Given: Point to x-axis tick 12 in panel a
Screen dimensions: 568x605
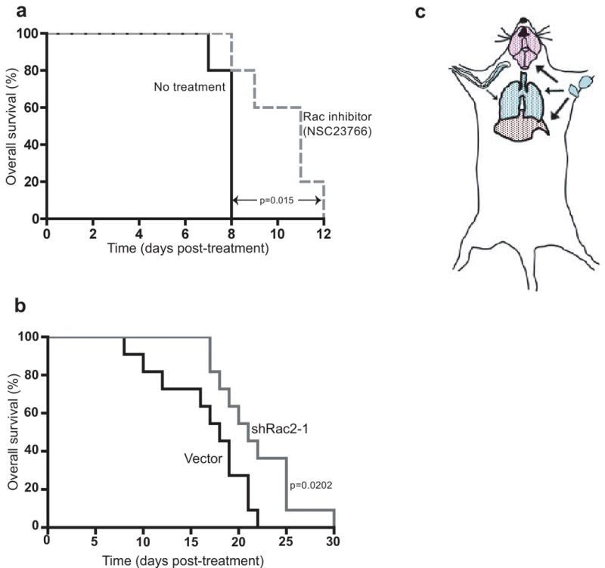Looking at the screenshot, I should tap(324, 232).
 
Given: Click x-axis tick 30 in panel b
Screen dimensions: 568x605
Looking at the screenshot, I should tap(334, 540).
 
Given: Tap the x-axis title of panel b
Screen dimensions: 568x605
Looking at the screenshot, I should tap(191, 559).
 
